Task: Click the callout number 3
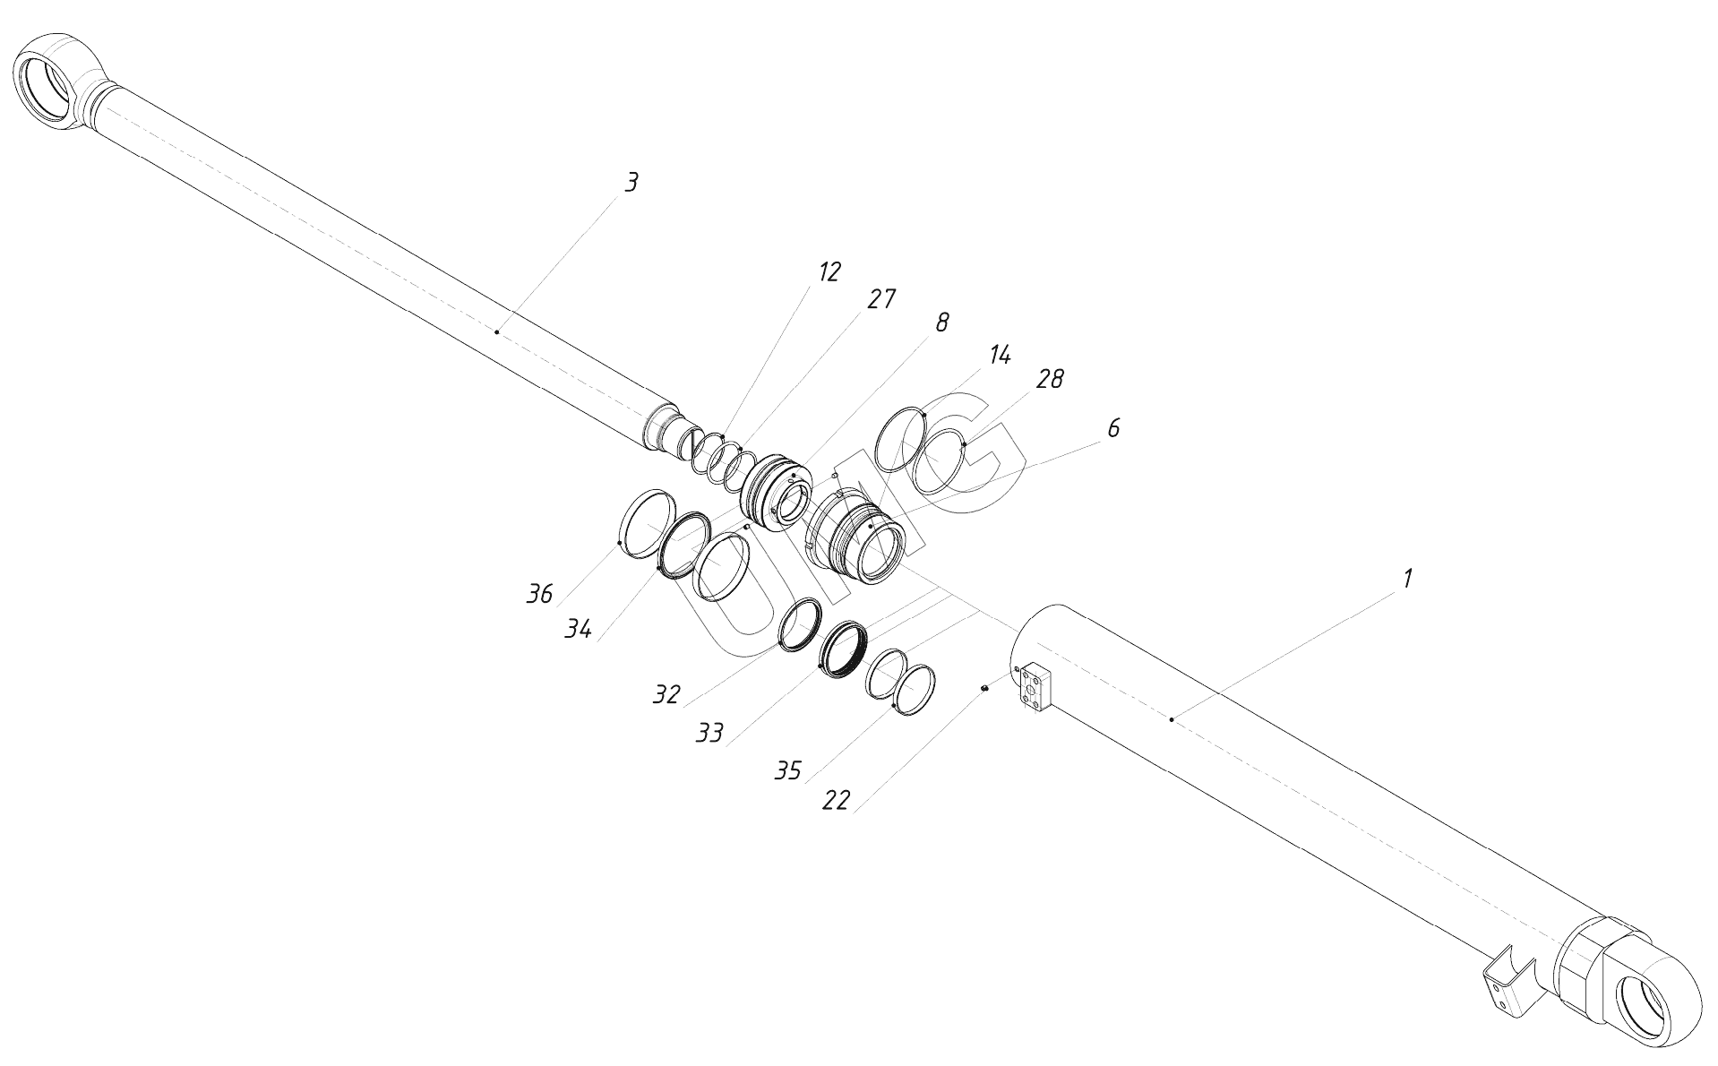point(631,183)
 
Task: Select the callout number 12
point(829,272)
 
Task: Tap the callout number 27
point(881,299)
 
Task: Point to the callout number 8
point(941,322)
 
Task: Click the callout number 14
point(1000,355)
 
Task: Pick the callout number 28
point(1050,379)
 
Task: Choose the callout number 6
point(1113,428)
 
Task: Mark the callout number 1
point(1407,579)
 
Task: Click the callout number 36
point(539,594)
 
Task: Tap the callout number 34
point(578,630)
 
